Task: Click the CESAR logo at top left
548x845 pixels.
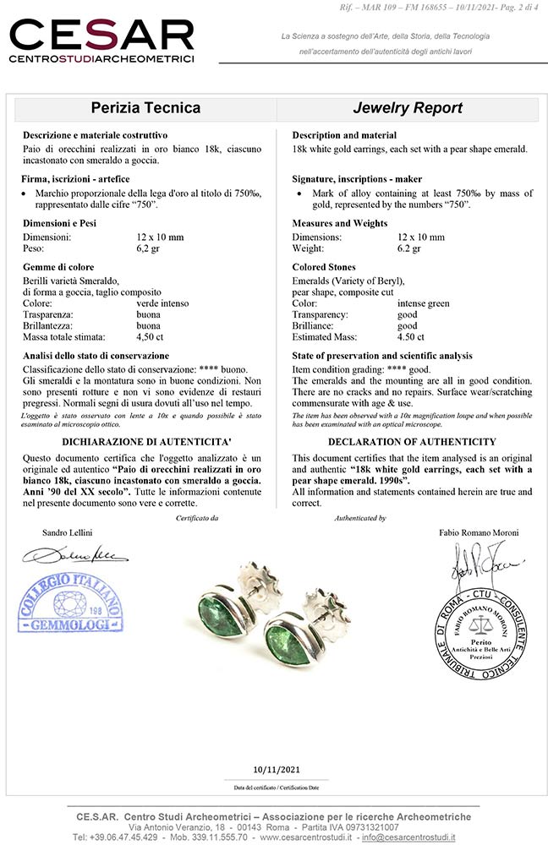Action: tap(101, 41)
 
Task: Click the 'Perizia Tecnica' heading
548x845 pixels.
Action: tap(145, 108)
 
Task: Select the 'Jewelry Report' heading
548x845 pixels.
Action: tap(407, 108)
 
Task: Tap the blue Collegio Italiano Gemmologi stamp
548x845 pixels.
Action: tap(70, 603)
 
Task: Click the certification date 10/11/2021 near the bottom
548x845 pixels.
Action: tap(276, 768)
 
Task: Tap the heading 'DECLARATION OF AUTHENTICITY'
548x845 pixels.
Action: tap(412, 442)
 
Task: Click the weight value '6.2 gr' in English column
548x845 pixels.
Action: tap(409, 248)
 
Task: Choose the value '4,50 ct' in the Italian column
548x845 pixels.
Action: tap(151, 336)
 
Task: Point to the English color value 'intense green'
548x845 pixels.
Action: tap(424, 303)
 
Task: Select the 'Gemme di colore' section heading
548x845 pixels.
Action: tap(58, 267)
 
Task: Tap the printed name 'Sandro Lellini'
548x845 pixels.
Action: tap(68, 533)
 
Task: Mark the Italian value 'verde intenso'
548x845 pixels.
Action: tap(162, 303)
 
